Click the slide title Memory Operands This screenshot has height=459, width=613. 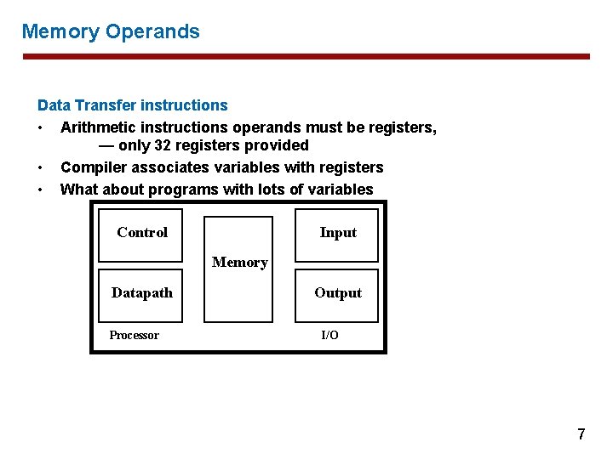111,32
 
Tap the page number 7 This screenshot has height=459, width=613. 581,434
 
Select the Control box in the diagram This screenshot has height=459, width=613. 142,233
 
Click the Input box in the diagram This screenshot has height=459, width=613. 338,233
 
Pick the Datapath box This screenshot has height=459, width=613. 142,293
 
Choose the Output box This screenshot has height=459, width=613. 338,293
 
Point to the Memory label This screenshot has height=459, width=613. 239,263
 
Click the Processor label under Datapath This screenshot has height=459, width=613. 134,336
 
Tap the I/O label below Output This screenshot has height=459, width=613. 329,336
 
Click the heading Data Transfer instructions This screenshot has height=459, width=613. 132,105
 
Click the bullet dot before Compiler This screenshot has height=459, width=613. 41,167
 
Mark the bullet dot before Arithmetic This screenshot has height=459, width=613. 41,127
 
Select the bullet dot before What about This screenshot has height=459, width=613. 41,190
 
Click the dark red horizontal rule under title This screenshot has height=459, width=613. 306,57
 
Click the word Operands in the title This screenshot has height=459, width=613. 152,32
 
